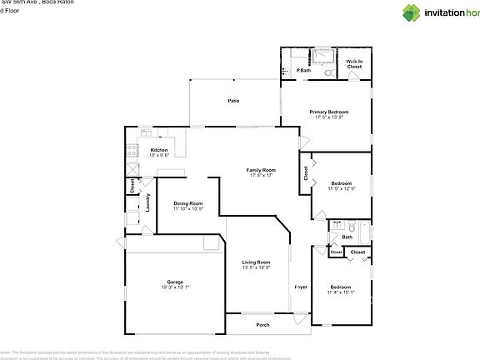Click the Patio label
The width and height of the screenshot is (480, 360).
[x=234, y=101]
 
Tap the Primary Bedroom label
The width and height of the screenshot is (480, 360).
[x=329, y=112]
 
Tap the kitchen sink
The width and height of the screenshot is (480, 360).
[x=145, y=132]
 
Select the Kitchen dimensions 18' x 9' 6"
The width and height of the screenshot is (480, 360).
[x=158, y=156]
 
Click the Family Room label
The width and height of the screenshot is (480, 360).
[x=262, y=170]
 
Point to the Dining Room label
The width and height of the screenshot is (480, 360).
[x=188, y=203]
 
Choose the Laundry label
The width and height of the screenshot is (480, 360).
[x=148, y=202]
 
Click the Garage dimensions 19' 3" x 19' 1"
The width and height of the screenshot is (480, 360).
[x=175, y=287]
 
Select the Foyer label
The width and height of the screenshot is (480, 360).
[x=301, y=287]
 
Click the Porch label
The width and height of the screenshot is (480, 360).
[x=262, y=325]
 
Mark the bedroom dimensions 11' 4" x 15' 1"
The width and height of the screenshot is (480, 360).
[x=341, y=292]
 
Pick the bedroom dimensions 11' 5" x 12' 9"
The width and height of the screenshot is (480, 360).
[x=342, y=189]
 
